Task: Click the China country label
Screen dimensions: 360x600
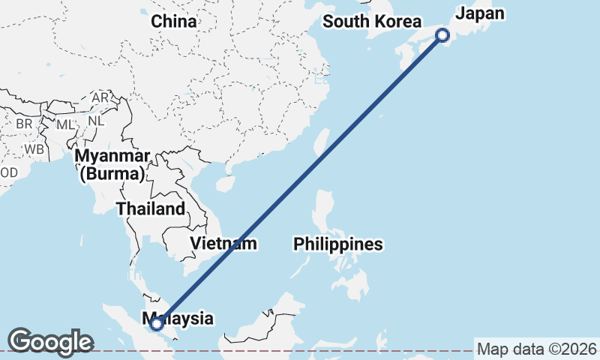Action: (x=174, y=22)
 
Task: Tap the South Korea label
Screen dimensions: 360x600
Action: (x=369, y=21)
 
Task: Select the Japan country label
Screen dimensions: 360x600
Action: (x=480, y=13)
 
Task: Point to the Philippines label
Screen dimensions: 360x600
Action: (x=338, y=244)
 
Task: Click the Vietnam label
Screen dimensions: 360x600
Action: (x=223, y=243)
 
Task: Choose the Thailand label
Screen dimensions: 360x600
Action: (x=150, y=208)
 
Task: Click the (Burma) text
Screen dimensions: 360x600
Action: (x=112, y=174)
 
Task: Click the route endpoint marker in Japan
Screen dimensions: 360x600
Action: (x=442, y=34)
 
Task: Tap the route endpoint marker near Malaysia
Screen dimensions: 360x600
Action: (x=157, y=324)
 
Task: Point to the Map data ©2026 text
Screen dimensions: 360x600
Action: (x=537, y=349)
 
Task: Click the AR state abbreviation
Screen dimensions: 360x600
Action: (x=100, y=98)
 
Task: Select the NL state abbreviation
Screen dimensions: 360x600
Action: (x=95, y=120)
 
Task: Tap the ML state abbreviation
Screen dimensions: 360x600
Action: (x=66, y=124)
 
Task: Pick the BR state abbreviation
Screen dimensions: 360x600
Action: (x=24, y=123)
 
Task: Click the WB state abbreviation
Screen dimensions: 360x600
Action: (x=34, y=148)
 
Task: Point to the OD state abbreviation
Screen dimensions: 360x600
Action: (x=8, y=172)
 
